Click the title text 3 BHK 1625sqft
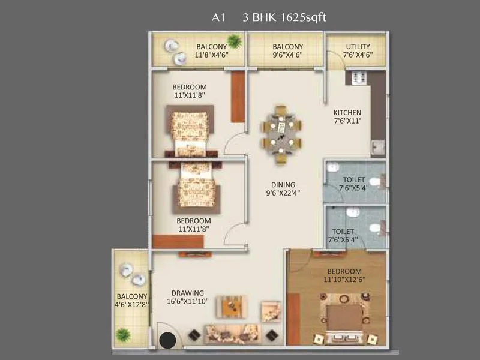[x=284, y=17]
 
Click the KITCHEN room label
[x=347, y=112]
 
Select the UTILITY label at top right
[x=358, y=47]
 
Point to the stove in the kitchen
[x=359, y=77]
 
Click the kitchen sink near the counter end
[x=377, y=148]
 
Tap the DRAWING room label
[x=190, y=293]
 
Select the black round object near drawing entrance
[x=167, y=340]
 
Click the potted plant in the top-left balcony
[x=235, y=41]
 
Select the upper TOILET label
[x=353, y=179]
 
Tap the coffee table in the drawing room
[x=230, y=307]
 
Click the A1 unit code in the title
[x=218, y=17]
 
